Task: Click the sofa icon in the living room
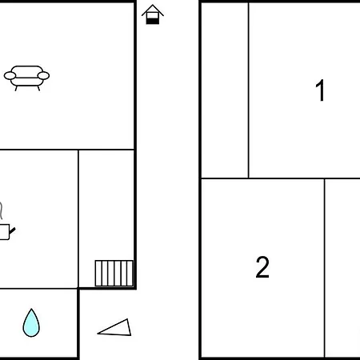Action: click(26, 78)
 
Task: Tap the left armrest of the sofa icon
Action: click(10, 76)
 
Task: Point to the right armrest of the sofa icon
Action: click(43, 76)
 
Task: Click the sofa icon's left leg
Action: click(16, 88)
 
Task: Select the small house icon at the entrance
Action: click(153, 14)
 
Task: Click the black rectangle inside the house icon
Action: click(153, 21)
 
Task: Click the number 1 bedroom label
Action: click(320, 90)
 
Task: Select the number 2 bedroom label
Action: click(262, 267)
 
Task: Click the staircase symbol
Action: click(114, 273)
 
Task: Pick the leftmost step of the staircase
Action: click(98, 273)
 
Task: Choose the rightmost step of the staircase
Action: click(130, 273)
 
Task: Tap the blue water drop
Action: click(31, 324)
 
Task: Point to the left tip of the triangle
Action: click(98, 333)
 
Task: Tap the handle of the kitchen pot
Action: click(13, 230)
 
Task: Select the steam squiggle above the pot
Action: click(2, 210)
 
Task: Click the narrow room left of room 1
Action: click(225, 90)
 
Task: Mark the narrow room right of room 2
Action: click(342, 268)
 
